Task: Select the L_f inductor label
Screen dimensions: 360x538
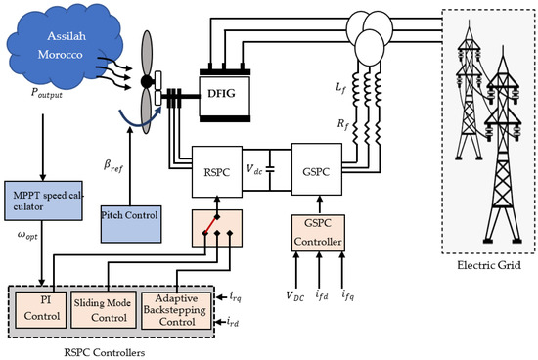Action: pos(341,90)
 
